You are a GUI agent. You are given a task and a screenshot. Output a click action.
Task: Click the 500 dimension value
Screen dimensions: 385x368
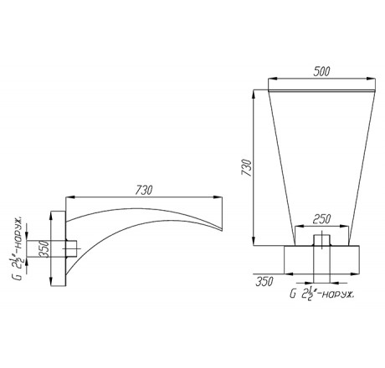coord(321,71)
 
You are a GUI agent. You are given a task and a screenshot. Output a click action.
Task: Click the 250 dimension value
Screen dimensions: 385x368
coord(321,219)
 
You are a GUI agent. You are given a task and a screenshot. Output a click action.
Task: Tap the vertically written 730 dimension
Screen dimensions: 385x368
coord(247,167)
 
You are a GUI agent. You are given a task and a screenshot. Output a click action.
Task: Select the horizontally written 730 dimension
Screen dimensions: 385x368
coord(144,190)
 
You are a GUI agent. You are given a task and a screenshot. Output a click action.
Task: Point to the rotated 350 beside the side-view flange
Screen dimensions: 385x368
coord(44,249)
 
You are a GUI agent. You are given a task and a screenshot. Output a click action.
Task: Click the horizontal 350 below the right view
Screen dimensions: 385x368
coord(264,282)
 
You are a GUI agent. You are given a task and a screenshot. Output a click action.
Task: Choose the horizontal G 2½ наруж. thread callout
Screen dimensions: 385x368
coord(322,294)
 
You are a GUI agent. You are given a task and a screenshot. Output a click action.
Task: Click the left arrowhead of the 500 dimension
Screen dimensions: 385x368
coord(272,79)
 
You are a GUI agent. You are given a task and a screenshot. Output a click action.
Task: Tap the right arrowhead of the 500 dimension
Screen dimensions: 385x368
coord(371,79)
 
